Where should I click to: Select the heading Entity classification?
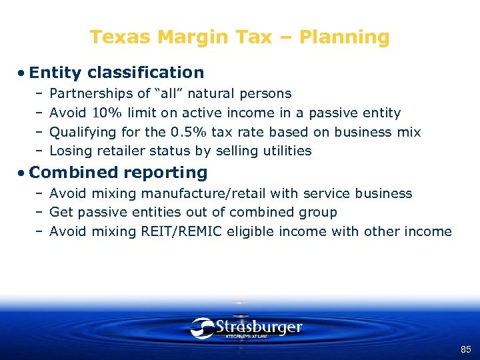[x=117, y=72]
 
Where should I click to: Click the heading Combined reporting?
[x=119, y=172]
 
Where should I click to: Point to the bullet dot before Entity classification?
[x=23, y=73]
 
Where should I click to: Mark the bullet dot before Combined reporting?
[x=23, y=173]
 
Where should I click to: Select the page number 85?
[x=465, y=349]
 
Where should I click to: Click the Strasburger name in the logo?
[x=259, y=327]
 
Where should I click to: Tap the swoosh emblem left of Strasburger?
[x=202, y=328]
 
